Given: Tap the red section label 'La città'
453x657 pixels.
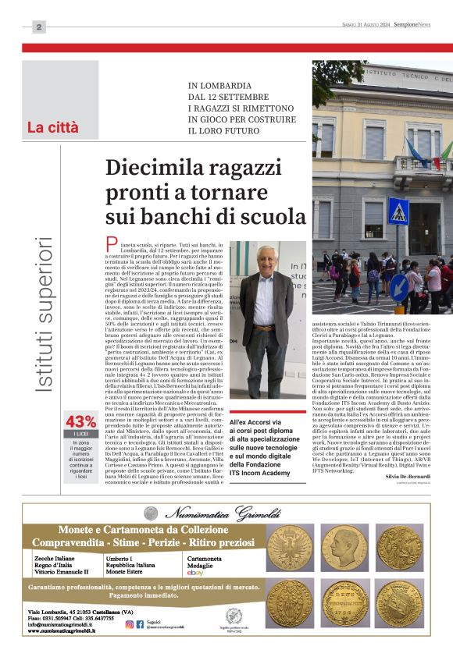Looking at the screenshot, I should (53, 127).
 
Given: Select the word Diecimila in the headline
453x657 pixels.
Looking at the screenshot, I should (160, 168).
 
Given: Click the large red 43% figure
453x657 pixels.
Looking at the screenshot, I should (81, 422).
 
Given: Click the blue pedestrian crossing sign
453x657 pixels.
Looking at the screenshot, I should (398, 211).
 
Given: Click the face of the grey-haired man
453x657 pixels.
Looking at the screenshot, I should (266, 261).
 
